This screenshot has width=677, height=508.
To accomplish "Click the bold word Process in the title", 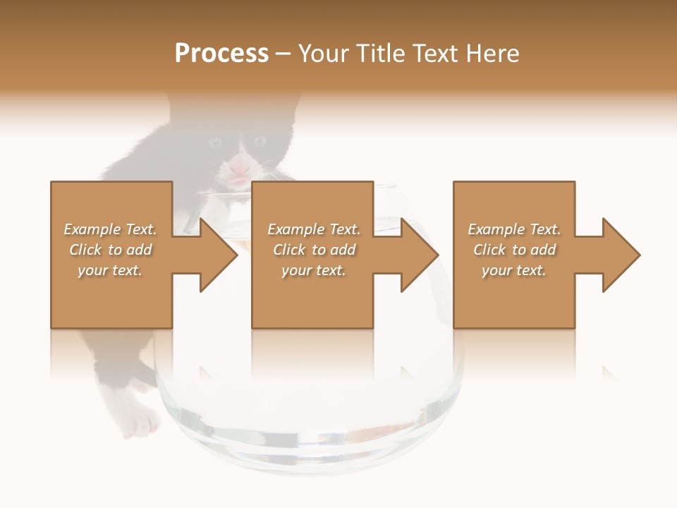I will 221,54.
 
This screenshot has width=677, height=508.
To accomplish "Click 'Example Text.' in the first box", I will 110,229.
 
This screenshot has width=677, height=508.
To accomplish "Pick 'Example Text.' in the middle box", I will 314,229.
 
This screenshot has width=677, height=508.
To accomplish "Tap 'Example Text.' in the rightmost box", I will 514,229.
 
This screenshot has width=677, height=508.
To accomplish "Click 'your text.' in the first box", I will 110,270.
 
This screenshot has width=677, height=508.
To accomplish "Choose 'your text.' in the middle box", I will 314,270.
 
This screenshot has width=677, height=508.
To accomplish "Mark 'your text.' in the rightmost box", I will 514,270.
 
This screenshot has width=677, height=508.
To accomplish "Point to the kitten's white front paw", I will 142,423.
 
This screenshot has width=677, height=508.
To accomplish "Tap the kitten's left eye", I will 214,142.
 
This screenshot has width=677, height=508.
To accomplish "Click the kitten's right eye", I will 260,141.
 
